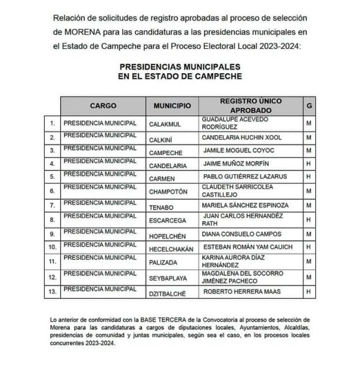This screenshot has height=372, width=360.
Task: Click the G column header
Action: (x=309, y=106)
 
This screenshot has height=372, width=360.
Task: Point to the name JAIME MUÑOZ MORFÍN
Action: (x=236, y=164)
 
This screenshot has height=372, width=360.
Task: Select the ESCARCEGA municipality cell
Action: (x=167, y=219)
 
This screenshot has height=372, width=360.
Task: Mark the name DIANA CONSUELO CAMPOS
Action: (x=242, y=234)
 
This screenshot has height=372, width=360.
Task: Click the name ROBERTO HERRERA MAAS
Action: (x=242, y=291)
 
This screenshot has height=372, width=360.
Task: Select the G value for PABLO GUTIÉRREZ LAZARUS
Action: (x=308, y=177)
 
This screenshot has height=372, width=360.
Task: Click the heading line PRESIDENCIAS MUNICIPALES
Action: (x=179, y=66)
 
